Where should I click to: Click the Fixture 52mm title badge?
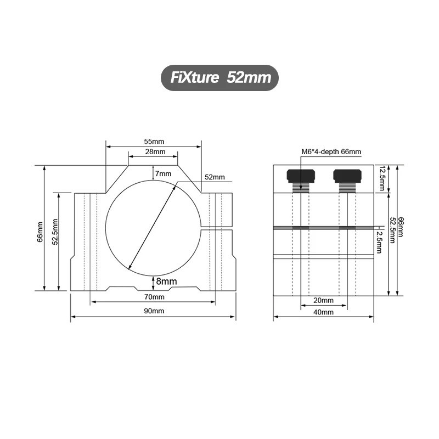click(219, 78)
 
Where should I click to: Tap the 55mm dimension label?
click(154, 142)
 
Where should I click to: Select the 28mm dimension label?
click(155, 152)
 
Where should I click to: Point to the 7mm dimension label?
click(163, 173)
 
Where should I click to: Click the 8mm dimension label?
click(167, 281)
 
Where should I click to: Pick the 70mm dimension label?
click(154, 297)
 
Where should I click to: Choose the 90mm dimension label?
click(154, 311)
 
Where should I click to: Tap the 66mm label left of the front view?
click(40, 232)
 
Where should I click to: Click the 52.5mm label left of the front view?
click(55, 232)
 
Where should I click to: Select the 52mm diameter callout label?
click(215, 177)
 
